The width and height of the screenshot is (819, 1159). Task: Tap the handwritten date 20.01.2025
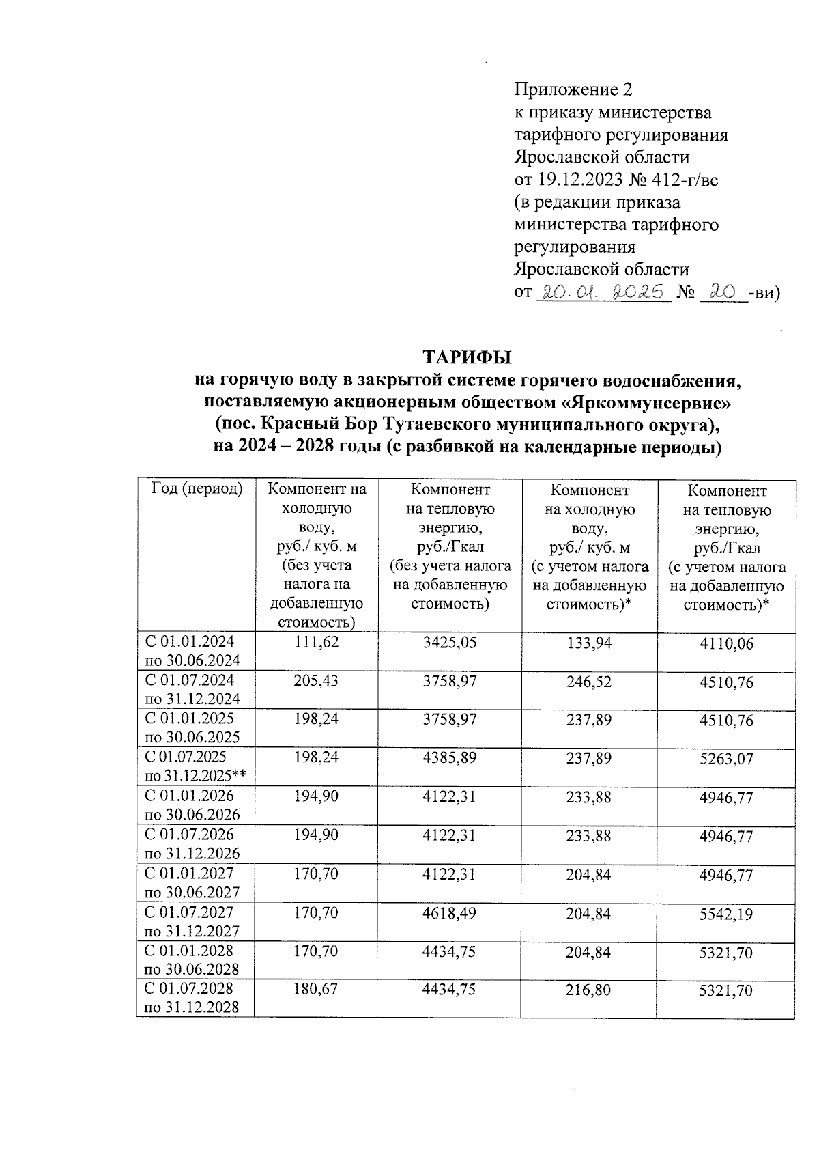(601, 293)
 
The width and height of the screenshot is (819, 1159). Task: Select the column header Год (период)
(197, 490)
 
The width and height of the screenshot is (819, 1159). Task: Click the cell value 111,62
(316, 642)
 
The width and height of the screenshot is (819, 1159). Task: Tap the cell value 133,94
(589, 643)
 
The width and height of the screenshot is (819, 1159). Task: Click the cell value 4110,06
(726, 643)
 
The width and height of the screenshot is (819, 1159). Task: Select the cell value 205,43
(316, 681)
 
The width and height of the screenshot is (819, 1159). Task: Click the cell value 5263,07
(726, 759)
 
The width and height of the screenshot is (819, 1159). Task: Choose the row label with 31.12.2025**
(195, 776)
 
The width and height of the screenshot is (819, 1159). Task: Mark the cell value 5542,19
(726, 914)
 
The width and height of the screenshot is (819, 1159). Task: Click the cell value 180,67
(316, 990)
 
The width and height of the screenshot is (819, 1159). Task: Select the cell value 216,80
(589, 990)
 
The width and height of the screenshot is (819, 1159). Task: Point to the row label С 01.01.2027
(189, 874)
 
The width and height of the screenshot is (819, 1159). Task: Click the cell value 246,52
(589, 682)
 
